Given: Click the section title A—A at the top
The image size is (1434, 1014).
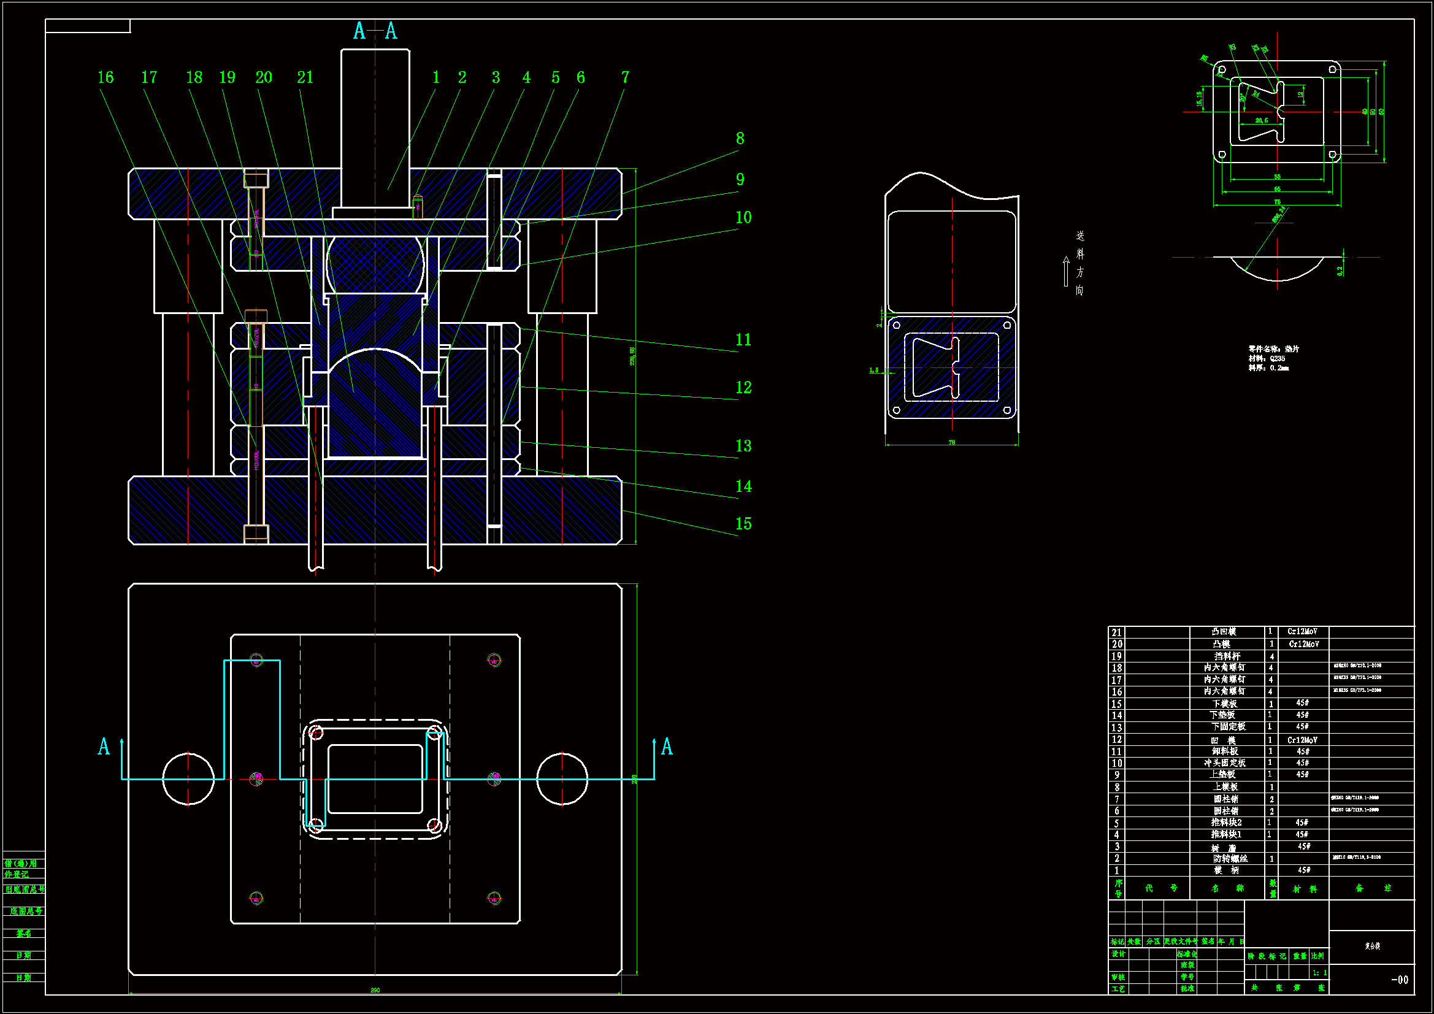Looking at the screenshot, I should pos(375,31).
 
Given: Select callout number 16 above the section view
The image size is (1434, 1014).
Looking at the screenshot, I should pos(105,77).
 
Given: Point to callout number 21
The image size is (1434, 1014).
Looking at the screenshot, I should pos(305,77).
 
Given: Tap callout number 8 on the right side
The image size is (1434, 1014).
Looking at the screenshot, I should pos(740,139).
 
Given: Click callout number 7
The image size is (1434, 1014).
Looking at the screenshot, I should pos(625,77).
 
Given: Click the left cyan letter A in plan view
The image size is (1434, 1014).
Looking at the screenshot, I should pos(104,747).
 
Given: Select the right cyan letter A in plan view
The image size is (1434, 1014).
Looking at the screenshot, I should pos(667,747).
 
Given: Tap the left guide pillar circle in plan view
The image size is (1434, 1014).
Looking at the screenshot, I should pos(188,779).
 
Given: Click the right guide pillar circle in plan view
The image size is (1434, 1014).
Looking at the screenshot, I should pos(562,779).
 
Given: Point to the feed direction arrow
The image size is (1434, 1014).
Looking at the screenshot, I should pos(1066,271).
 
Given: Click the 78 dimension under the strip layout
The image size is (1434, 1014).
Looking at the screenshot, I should pos(952,442).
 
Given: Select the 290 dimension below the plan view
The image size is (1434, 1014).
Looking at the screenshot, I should pos(375,990).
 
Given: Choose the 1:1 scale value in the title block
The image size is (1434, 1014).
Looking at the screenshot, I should pos(1319,973).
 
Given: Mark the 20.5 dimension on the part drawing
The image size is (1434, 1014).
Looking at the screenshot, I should pos(1262,121).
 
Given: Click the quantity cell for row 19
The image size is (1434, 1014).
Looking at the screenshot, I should pos(1270,656).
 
